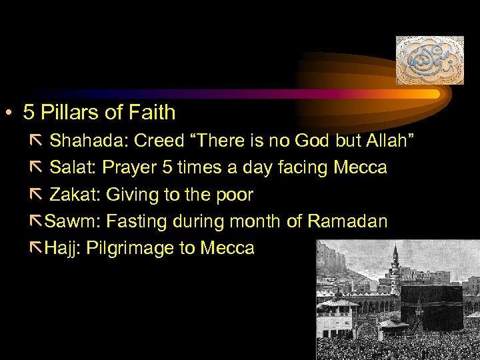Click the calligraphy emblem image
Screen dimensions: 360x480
(x=429, y=60)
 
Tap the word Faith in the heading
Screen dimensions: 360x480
(x=151, y=113)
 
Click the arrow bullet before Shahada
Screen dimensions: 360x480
(x=36, y=141)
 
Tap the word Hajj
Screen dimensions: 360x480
(x=60, y=249)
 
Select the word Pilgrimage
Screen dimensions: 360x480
(x=124, y=249)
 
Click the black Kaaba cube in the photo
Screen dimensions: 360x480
(x=431, y=307)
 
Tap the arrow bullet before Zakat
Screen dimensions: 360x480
(x=36, y=195)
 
